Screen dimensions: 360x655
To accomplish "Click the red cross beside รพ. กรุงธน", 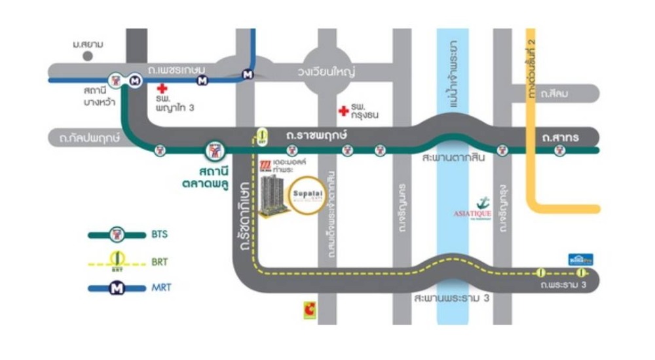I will tap(342, 111).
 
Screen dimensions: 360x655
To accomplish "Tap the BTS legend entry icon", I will tap(117, 234).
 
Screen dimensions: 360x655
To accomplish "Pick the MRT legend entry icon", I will tap(117, 287).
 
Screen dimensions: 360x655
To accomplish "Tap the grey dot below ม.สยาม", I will tap(88, 56).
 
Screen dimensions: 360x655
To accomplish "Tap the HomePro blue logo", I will tap(580, 259).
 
